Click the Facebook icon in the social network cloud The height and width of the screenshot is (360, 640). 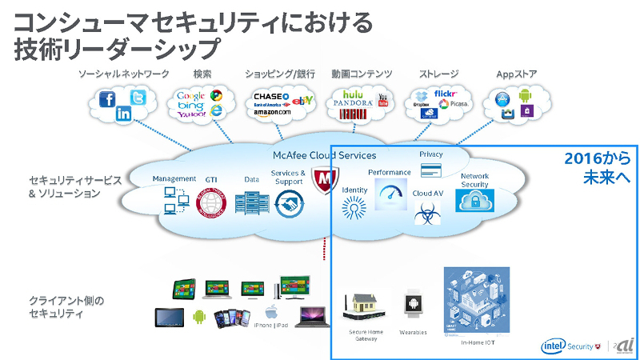click(108, 99)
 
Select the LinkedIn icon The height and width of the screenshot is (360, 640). click(124, 114)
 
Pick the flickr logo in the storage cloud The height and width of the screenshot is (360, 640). click(445, 94)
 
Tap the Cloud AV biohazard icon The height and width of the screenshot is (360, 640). click(428, 212)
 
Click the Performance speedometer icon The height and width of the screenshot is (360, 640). click(390, 194)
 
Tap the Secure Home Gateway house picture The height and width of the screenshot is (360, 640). click(366, 305)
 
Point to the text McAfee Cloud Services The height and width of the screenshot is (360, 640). click(324, 155)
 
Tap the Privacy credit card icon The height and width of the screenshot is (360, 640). click(431, 170)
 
